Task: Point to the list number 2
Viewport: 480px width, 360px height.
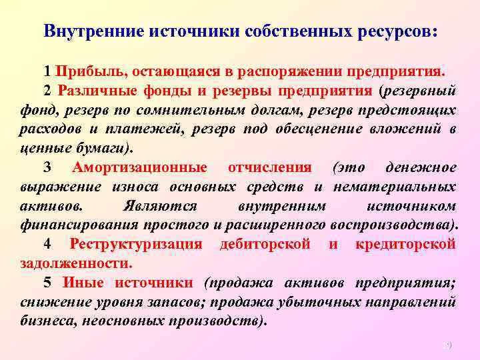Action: tap(47, 91)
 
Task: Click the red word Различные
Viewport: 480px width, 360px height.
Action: tap(93, 91)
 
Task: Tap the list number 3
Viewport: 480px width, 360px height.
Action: tap(47, 167)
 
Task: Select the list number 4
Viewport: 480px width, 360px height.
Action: tap(48, 244)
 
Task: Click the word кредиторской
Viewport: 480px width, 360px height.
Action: tap(407, 244)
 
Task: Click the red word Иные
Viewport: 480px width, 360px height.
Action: tap(82, 283)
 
